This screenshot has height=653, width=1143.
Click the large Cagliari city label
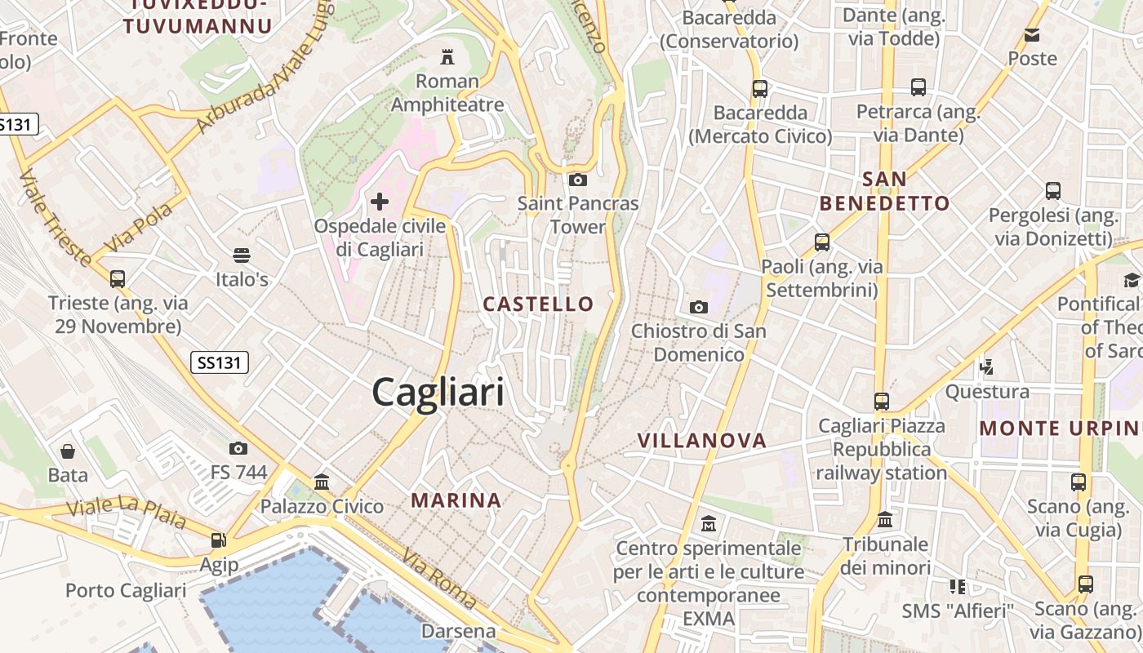tap(438, 393)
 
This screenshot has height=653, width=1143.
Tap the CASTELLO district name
tap(538, 304)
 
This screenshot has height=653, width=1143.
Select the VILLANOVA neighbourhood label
tap(702, 441)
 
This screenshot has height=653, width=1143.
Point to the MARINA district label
tap(456, 500)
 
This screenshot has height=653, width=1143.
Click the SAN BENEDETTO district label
tap(885, 191)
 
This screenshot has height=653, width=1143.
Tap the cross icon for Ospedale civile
tap(380, 201)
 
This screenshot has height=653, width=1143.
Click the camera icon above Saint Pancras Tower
tap(578, 180)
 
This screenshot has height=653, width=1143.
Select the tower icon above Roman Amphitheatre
tap(447, 57)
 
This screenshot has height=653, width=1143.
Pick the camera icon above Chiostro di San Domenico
tap(698, 307)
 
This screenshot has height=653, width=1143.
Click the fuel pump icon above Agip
tap(218, 540)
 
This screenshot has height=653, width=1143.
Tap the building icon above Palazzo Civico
tap(322, 482)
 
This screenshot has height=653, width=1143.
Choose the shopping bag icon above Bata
tap(68, 451)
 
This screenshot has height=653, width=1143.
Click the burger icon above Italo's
tap(241, 255)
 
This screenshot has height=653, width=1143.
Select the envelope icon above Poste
tap(1032, 34)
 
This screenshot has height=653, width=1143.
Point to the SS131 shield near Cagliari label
tap(219, 362)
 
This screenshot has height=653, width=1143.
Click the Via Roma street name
tap(439, 579)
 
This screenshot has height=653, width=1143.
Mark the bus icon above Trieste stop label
tap(118, 278)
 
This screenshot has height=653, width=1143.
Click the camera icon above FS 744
tap(238, 448)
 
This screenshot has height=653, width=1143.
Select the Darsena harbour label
tap(459, 631)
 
